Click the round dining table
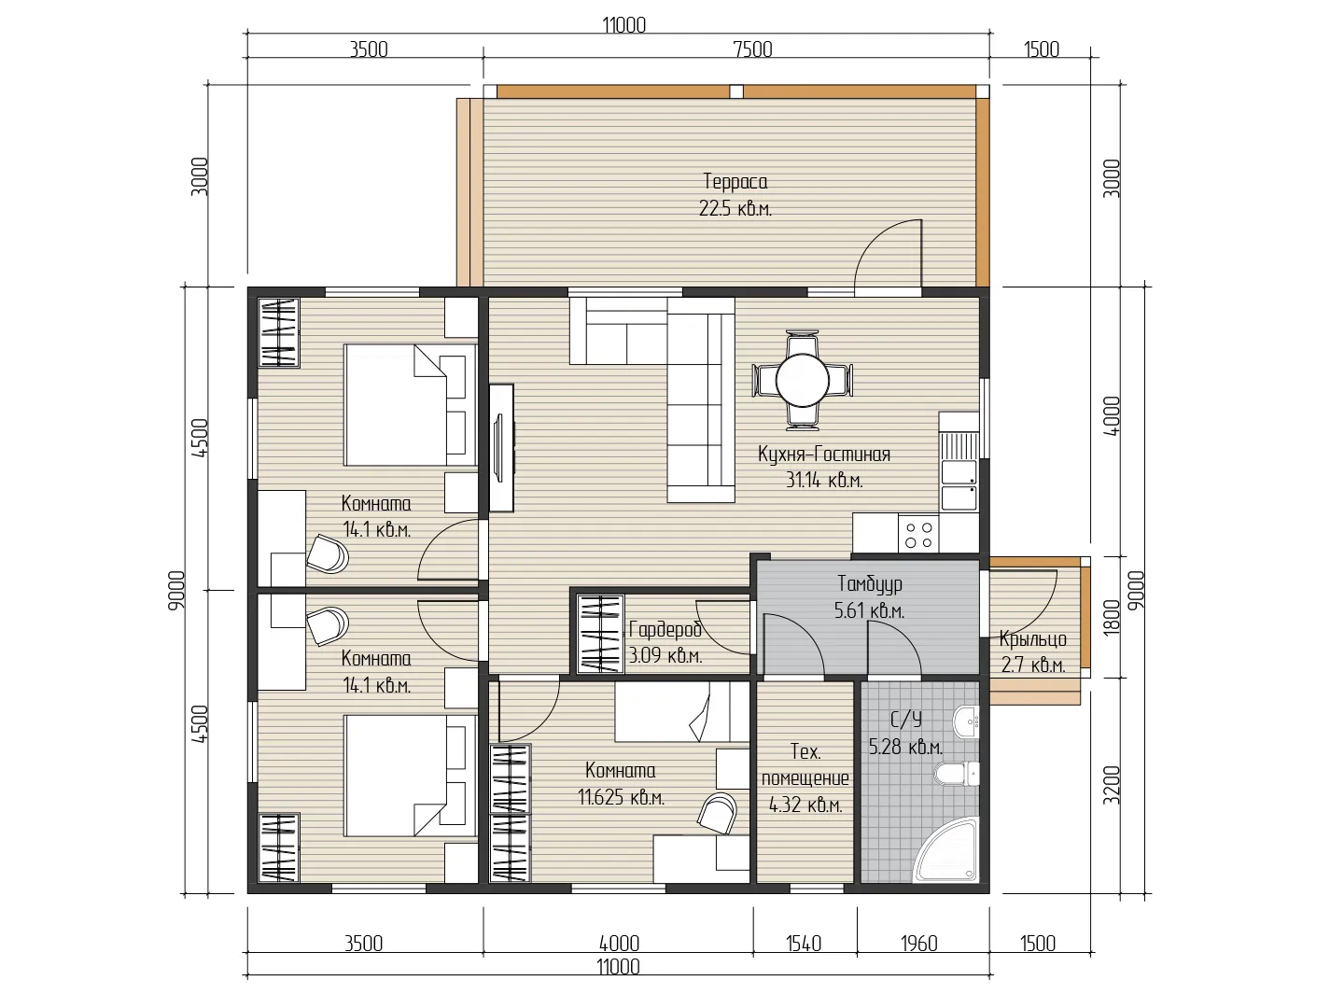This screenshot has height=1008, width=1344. tap(802, 380)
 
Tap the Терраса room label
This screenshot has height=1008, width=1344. tap(735, 181)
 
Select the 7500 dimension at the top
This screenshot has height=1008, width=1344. tap(752, 49)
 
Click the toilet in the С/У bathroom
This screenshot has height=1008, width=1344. tap(956, 774)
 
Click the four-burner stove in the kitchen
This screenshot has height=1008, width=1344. tap(918, 535)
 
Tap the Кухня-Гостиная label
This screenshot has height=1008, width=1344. tap(823, 455)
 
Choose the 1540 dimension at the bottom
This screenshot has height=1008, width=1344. tap(804, 944)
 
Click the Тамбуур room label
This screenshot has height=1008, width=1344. tap(870, 584)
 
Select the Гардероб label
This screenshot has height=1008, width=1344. tap(665, 629)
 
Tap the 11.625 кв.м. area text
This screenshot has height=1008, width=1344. tap(621, 797)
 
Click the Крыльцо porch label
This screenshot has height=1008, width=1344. tap(1033, 639)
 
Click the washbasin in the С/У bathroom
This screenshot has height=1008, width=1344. tap(967, 722)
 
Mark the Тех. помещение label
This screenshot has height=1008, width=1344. tap(805, 765)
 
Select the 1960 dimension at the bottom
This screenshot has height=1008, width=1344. tap(919, 944)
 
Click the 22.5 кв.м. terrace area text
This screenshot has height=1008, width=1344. tap(735, 209)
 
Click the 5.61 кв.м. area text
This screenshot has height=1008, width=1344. tap(870, 610)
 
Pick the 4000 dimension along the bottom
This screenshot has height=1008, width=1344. tap(619, 944)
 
